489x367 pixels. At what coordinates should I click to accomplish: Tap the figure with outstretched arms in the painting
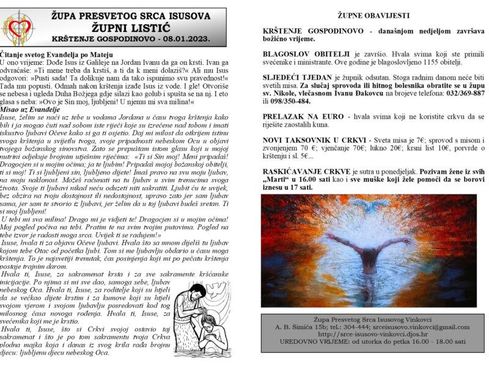coord(368,254)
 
